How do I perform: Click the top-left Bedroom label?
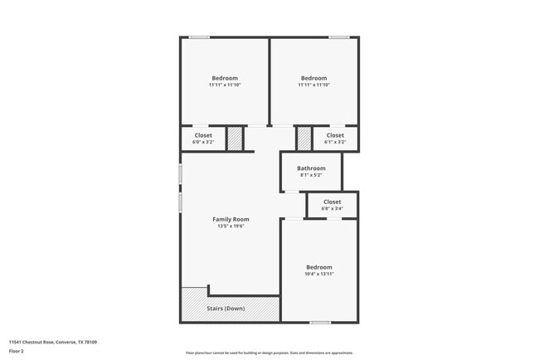tap(224, 78)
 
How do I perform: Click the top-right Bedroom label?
tap(313, 78)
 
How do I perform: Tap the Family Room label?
tap(231, 219)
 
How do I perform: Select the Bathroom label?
tap(311, 168)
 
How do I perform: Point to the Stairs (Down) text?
tap(225, 309)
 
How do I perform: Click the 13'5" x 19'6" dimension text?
tap(232, 226)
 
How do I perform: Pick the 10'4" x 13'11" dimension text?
tap(319, 274)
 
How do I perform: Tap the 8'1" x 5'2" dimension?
tap(311, 175)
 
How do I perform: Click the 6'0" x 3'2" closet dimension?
tap(203, 142)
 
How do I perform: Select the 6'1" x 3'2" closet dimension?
tap(335, 142)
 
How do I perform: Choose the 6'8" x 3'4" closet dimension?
tap(332, 208)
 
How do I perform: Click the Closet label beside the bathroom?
tap(332, 202)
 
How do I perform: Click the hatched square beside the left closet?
tap(236, 139)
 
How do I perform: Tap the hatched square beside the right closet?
tap(304, 139)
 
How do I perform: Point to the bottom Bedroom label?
tap(319, 267)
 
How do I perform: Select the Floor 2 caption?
tap(17, 352)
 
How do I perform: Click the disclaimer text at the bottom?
tap(269, 353)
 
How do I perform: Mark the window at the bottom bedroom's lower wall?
tap(320, 322)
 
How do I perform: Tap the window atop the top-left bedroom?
tap(199, 37)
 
